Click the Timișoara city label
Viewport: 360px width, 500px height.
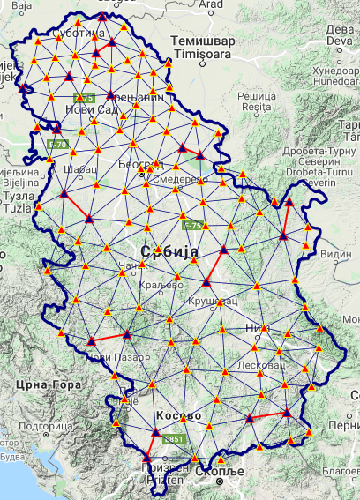(200, 55)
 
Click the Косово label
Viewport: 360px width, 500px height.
(179, 414)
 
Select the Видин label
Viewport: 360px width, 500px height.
(337, 254)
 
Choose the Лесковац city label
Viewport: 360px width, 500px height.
(257, 364)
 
